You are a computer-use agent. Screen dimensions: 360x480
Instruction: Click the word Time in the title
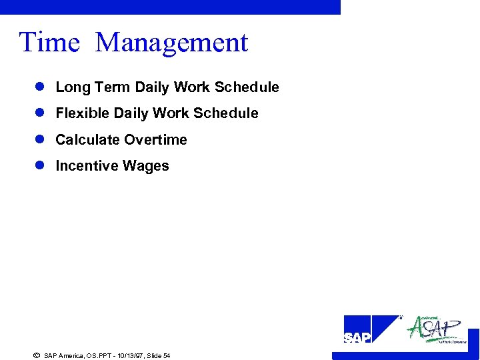click(49, 43)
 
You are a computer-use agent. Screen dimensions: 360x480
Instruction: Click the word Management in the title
click(172, 43)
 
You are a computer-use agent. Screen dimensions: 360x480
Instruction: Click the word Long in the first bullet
click(73, 87)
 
